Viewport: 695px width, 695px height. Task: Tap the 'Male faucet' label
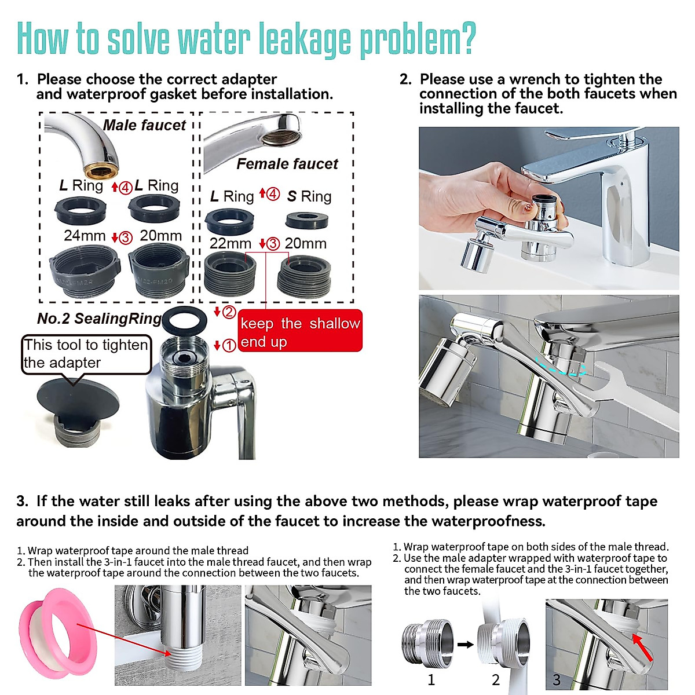pyautogui.click(x=144, y=125)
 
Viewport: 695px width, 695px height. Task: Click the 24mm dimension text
pyautogui.click(x=85, y=236)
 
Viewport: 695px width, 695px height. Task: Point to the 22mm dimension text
pyautogui.click(x=230, y=243)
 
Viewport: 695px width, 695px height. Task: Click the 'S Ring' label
pyautogui.click(x=309, y=197)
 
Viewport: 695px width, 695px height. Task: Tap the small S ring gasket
pyautogui.click(x=306, y=220)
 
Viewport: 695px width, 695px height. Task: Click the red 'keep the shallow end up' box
pyautogui.click(x=300, y=332)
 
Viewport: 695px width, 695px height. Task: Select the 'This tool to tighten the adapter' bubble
pyautogui.click(x=86, y=354)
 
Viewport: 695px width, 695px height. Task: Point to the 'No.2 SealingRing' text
pyautogui.click(x=99, y=319)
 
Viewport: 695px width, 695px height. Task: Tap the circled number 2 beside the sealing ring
pyautogui.click(x=229, y=312)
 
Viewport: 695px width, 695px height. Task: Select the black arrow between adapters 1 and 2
pyautogui.click(x=465, y=644)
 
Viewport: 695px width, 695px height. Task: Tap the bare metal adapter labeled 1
pyautogui.click(x=427, y=643)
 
